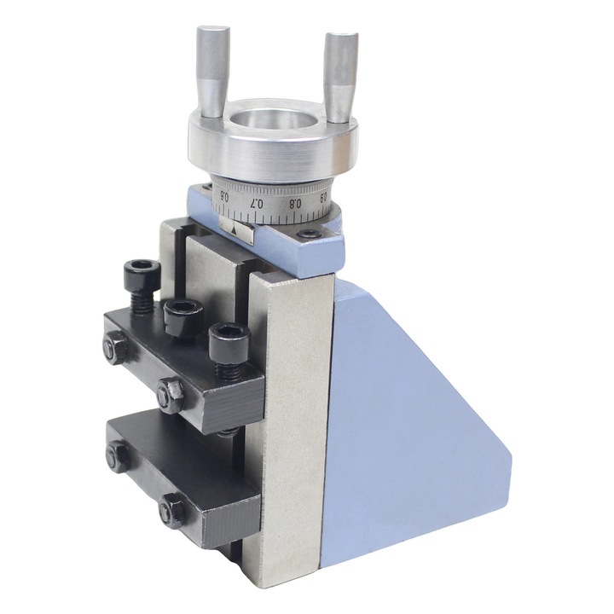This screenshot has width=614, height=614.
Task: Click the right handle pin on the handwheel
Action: (340, 77)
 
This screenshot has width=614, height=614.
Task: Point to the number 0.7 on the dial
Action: (257, 203)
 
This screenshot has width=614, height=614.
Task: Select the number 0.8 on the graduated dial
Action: (295, 203)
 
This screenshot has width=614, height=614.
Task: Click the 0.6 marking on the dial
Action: (224, 194)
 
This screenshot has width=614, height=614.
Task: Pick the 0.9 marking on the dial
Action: (324, 197)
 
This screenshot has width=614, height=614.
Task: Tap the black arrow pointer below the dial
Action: (235, 230)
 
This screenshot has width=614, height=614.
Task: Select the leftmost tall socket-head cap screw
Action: (142, 287)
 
